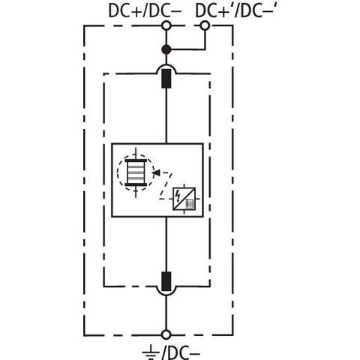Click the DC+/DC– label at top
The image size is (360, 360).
click(145, 11)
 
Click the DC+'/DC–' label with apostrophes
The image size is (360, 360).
click(236, 11)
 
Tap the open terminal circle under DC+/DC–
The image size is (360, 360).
click(166, 25)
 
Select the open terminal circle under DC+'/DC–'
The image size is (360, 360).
click(205, 25)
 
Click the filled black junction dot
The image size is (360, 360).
click(166, 49)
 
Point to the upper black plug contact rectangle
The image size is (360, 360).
click(166, 79)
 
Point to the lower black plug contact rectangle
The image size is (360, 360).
click(166, 281)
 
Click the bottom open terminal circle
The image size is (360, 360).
click(166, 334)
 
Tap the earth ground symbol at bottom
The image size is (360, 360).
click(151, 352)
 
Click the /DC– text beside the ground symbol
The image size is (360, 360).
click(181, 353)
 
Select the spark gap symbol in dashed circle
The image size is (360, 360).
click(136, 172)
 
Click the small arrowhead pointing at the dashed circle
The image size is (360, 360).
click(157, 172)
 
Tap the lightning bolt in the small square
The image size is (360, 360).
click(178, 196)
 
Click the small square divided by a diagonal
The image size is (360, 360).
click(184, 199)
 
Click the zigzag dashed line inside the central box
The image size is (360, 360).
click(166, 186)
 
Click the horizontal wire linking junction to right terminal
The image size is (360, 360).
click(187, 49)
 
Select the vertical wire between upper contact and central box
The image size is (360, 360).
click(166, 116)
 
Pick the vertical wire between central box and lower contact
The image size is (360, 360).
click(166, 244)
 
